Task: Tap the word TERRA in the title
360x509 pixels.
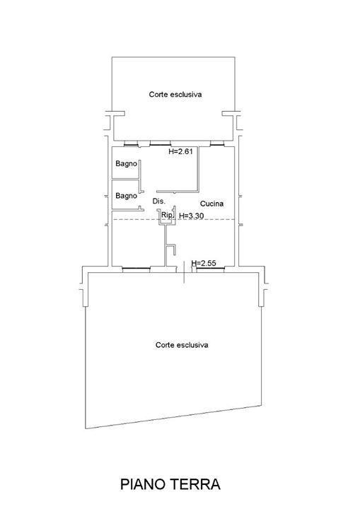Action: (196, 484)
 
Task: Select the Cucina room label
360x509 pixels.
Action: (211, 204)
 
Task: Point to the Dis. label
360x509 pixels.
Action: (159, 201)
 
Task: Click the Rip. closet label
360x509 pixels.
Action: (168, 215)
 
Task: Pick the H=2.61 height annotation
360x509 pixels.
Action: (180, 151)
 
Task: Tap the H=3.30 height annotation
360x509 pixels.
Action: (192, 215)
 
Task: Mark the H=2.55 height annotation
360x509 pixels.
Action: (204, 263)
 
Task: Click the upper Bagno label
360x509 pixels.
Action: (126, 164)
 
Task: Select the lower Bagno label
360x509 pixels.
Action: (126, 196)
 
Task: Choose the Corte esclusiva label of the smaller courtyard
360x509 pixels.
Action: (175, 95)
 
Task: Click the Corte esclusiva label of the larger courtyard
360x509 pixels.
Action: (182, 345)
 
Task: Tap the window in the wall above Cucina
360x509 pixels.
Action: (216, 143)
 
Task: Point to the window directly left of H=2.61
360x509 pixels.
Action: (160, 143)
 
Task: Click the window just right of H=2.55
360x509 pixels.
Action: (210, 269)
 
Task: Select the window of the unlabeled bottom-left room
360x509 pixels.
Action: (136, 269)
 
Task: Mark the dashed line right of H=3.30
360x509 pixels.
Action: (219, 219)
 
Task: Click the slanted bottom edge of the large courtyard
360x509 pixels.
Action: (173, 417)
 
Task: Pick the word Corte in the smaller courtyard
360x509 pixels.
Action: (157, 95)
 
